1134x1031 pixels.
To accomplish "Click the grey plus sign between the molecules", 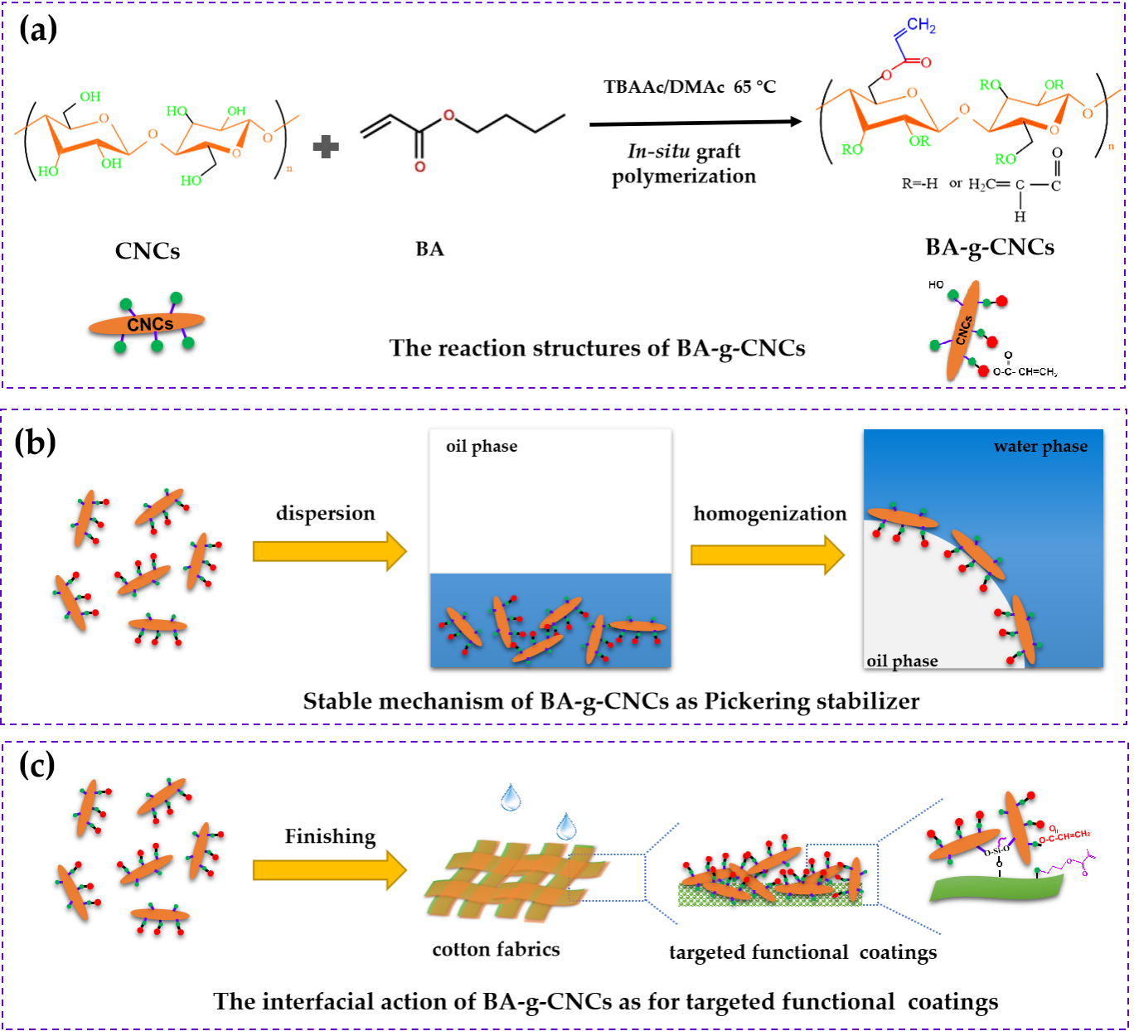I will tap(326, 148).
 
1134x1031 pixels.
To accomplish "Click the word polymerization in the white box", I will tap(684, 177).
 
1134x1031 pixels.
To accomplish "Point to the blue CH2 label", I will tap(921, 26).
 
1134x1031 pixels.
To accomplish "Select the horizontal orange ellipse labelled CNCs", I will tap(147, 323).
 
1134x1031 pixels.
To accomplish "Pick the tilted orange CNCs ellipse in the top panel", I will tap(962, 330).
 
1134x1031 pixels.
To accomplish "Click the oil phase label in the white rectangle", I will tap(482, 447).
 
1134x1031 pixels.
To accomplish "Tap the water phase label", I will tap(1040, 447).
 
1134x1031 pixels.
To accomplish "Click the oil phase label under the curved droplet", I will tap(902, 661).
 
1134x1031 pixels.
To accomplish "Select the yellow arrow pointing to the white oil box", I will tap(329, 551).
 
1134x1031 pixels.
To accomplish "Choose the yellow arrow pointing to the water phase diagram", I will tap(767, 554).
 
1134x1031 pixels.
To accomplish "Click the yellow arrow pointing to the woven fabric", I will tap(329, 869).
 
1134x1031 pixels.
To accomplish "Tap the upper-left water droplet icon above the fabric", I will tap(511, 796).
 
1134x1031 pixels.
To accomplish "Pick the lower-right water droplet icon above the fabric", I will tap(566, 825).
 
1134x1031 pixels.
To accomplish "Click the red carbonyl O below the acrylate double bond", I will tap(419, 167).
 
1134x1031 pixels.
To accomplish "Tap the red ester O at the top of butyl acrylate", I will tap(448, 115).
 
